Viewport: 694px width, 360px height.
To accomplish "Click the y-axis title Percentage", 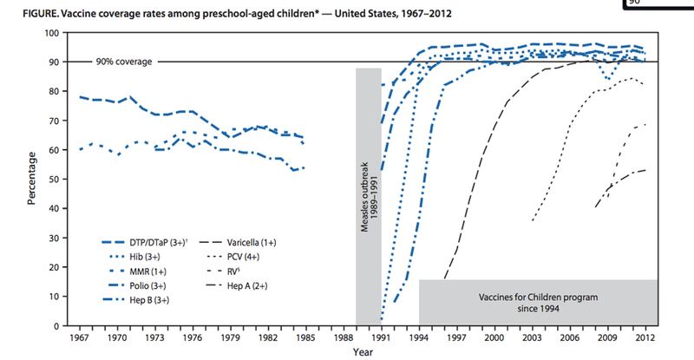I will pyautogui.click(x=32, y=180).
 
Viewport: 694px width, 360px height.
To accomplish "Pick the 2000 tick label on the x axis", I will pyautogui.click(x=494, y=337).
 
